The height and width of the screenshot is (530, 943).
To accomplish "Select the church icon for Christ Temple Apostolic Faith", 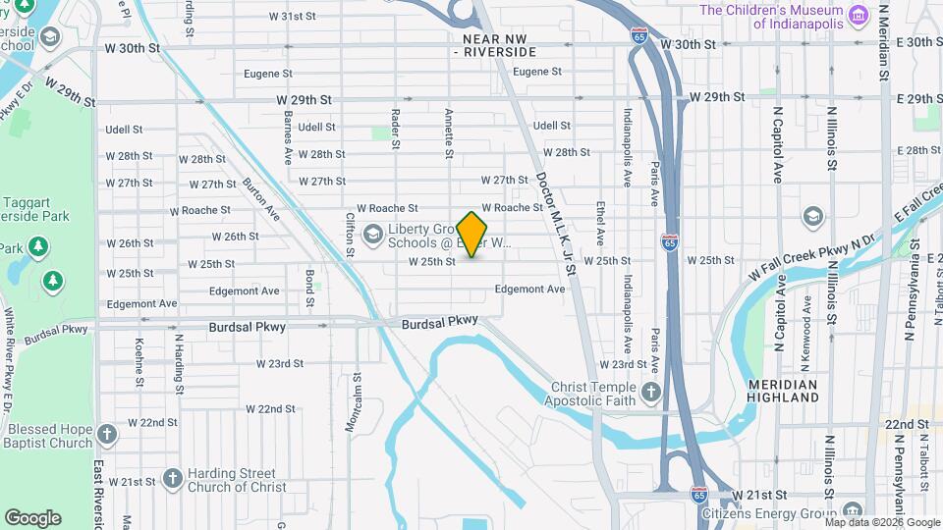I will click(650, 394).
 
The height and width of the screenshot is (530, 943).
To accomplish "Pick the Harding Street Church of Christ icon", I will click(173, 479).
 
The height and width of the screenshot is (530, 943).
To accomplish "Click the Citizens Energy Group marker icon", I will click(852, 510).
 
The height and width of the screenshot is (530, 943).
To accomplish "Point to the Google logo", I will click(32, 518).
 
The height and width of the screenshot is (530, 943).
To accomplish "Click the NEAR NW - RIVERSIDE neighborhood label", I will click(500, 44).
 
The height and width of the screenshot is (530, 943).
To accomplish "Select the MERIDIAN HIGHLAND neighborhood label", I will click(782, 391).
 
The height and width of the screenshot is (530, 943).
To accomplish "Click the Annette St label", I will click(449, 133).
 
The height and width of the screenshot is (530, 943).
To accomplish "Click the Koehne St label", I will click(139, 361).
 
